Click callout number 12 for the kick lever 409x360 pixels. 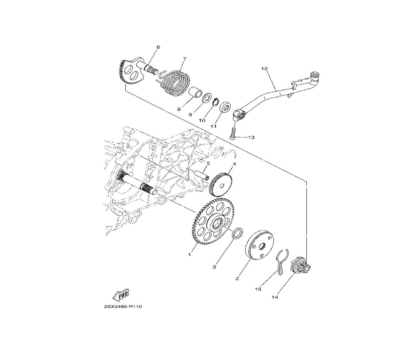[265, 69]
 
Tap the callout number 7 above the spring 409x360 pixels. [184, 59]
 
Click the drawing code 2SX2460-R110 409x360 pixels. [123, 307]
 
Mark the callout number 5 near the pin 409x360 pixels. [208, 164]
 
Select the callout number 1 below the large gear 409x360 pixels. [190, 254]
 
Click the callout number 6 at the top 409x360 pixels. [158, 47]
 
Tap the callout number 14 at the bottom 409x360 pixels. [275, 297]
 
